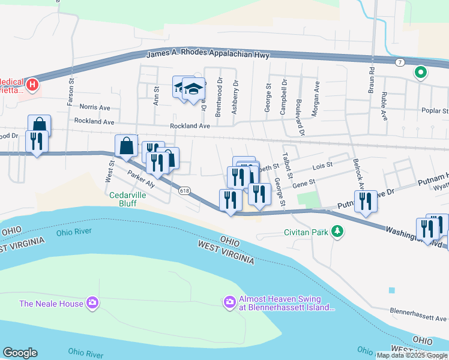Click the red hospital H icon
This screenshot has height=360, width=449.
tap(32, 85)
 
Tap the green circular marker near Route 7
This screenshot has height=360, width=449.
tap(421, 74)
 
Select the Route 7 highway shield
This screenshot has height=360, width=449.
tap(400, 62)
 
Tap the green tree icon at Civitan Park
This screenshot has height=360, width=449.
tap(338, 231)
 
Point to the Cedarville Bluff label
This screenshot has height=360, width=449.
tap(131, 199)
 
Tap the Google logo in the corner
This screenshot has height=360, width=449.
tap(20, 353)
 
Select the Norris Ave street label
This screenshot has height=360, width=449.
tap(95, 107)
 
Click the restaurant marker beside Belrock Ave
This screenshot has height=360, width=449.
tap(366, 202)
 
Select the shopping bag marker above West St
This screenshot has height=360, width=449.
tap(126, 146)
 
